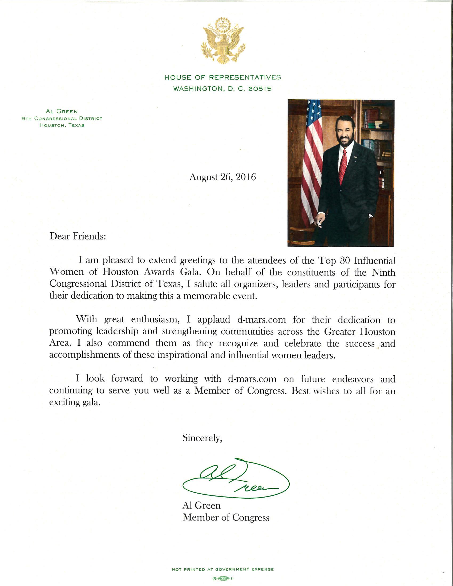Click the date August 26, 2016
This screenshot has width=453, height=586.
(223, 177)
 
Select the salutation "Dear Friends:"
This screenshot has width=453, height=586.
(78, 236)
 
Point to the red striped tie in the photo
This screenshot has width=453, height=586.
(343, 166)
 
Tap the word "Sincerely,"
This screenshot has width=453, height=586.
(202, 438)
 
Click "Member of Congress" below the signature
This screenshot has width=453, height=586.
(226, 517)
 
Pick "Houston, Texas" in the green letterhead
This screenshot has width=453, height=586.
(62, 125)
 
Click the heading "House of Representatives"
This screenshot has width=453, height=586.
(223, 78)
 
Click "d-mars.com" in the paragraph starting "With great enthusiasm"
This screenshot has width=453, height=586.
(261, 320)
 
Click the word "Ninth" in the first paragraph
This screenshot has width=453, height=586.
(383, 272)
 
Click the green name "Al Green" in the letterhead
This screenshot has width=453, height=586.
(62, 112)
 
